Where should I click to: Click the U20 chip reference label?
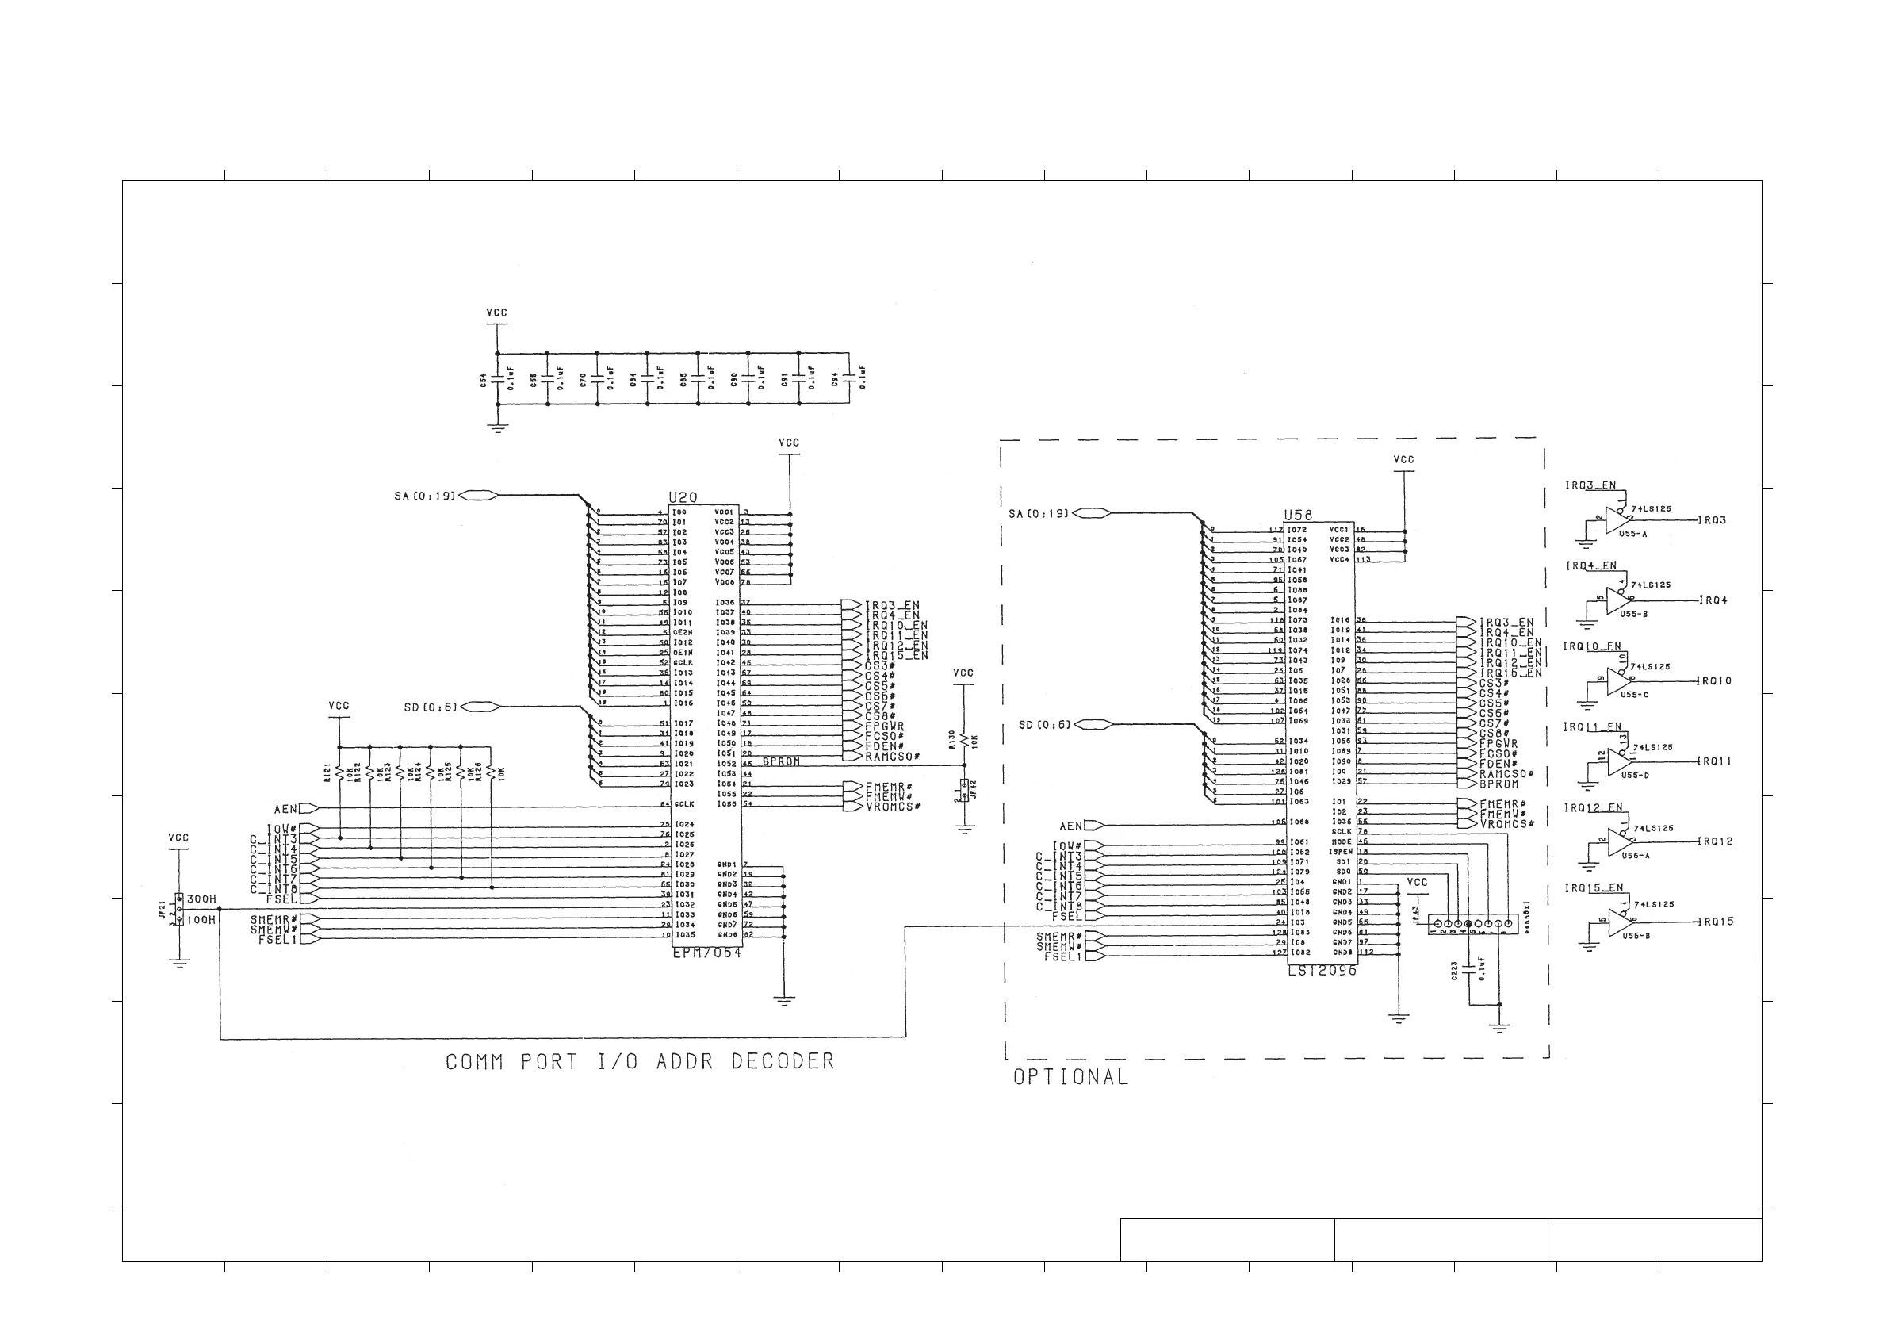683,497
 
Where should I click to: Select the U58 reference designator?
1299,516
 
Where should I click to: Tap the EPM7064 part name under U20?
706,953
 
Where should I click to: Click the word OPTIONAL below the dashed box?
1070,1077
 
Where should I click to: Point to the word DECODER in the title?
783,1061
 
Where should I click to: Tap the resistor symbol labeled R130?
963,740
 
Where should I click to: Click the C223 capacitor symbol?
1469,970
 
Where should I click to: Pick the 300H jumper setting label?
201,899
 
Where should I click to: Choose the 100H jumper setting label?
201,920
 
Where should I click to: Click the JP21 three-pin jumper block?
178,909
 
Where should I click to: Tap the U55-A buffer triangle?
1617,520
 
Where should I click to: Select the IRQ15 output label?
1716,922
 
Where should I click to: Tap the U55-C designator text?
1634,695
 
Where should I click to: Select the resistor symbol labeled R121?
339,772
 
